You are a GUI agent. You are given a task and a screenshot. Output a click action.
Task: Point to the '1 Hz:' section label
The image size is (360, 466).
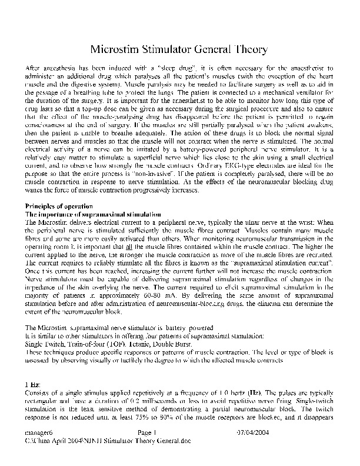click(x=32, y=384)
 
